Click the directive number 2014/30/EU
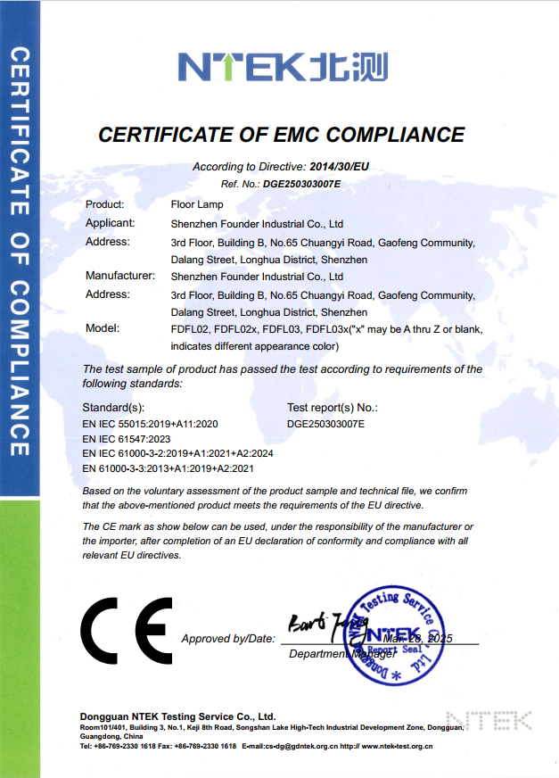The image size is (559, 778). (x=338, y=167)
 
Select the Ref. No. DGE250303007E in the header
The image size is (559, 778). (x=301, y=184)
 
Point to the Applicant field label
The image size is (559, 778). (x=110, y=223)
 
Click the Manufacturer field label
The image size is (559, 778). (x=120, y=277)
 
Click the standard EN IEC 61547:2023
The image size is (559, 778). (x=126, y=439)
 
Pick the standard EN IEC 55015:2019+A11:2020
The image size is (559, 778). (x=150, y=425)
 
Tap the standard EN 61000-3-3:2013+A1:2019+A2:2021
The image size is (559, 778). (x=169, y=468)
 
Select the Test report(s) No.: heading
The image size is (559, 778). (x=333, y=407)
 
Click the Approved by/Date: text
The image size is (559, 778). (x=228, y=639)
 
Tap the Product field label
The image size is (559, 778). (x=104, y=205)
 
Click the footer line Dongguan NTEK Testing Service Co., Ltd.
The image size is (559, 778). (x=177, y=716)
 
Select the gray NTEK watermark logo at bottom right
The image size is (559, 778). (x=488, y=720)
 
